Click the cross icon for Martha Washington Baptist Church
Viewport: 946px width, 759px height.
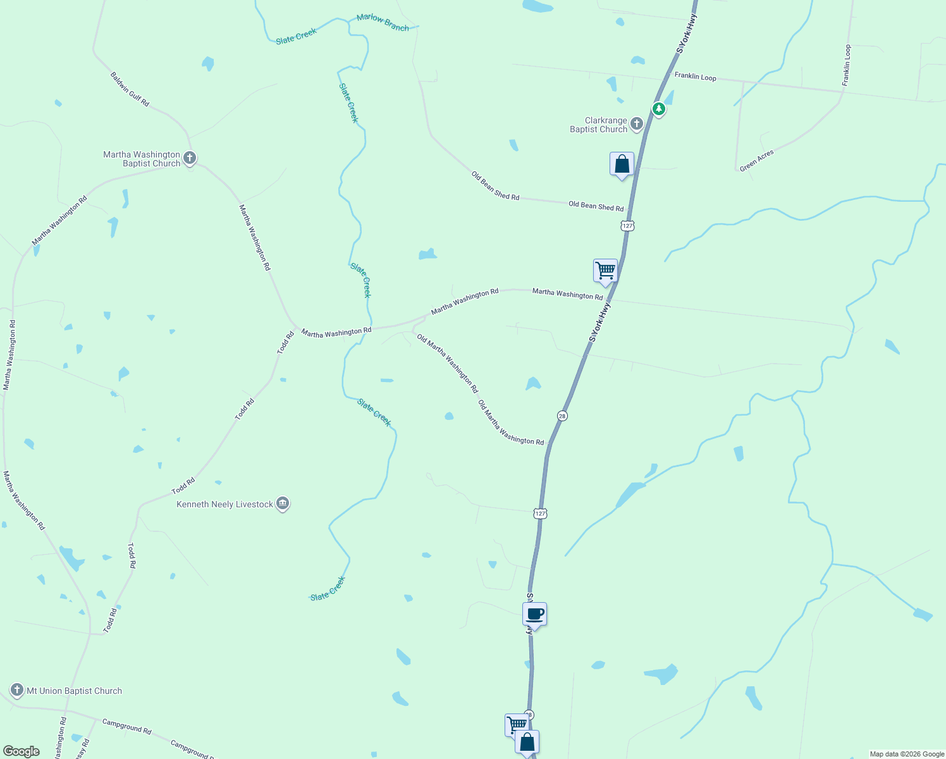(189, 158)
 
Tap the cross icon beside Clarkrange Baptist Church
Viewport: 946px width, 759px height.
(637, 124)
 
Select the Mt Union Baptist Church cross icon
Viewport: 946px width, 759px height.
(17, 690)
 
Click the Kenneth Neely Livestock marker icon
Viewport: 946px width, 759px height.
(283, 503)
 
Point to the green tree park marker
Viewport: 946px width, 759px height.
(659, 109)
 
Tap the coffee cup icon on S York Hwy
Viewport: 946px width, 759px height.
(534, 614)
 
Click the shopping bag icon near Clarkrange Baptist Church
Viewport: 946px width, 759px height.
(622, 164)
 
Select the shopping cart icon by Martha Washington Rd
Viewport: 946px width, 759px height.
(605, 271)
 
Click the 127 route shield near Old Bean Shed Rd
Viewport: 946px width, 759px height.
(627, 226)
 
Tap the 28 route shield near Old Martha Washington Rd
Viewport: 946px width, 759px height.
(562, 416)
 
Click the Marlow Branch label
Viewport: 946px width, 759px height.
(383, 22)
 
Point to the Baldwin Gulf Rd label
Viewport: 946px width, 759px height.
(130, 89)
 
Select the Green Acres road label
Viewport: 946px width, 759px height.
(757, 161)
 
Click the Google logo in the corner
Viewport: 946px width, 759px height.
(21, 751)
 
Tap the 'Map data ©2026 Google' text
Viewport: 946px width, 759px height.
(906, 754)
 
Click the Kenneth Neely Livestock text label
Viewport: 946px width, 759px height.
(225, 504)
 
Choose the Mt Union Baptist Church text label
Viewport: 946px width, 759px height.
(74, 691)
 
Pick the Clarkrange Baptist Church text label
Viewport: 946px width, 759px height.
(598, 125)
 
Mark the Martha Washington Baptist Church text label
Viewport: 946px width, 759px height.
(142, 159)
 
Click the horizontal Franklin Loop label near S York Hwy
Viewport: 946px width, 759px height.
(695, 76)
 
